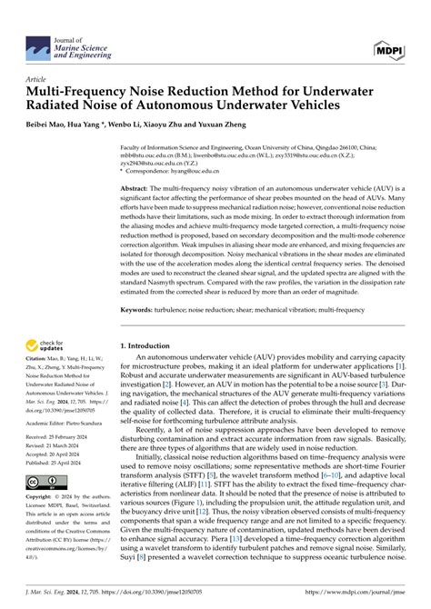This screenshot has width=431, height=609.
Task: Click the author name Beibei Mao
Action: click(47, 119)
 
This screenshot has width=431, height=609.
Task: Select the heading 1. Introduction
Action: click(153, 346)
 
